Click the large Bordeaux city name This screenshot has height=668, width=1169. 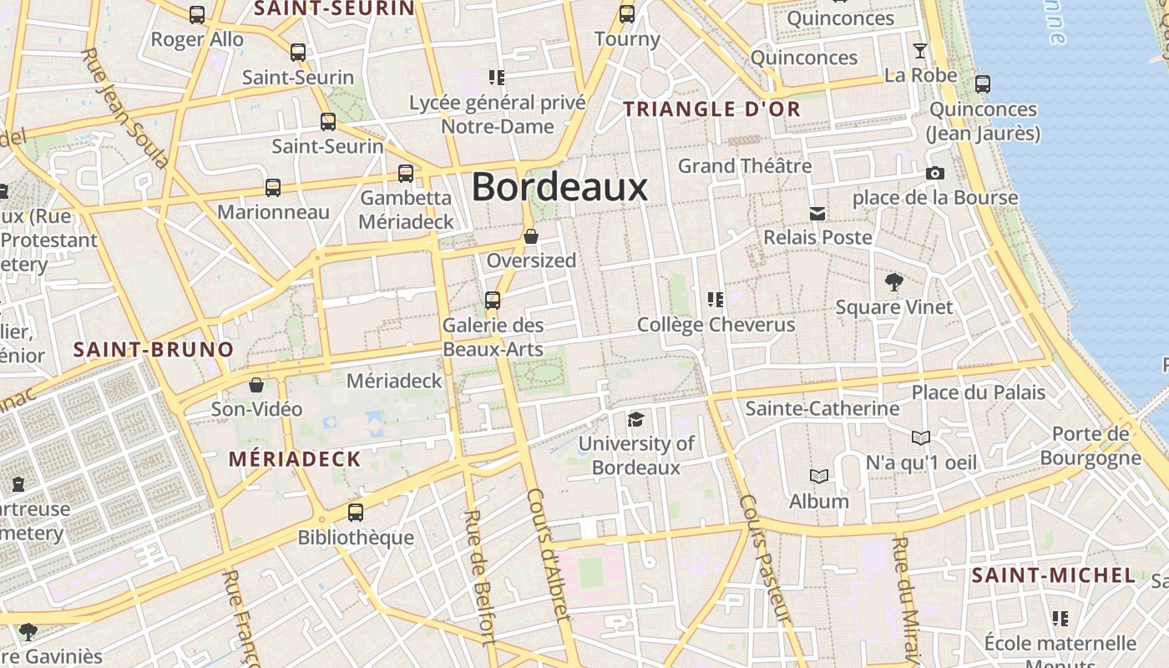coord(559,187)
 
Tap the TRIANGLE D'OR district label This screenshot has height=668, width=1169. coord(712,109)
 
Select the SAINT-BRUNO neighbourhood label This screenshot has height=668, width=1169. coord(154,349)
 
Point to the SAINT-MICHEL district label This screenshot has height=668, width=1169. coord(1054,575)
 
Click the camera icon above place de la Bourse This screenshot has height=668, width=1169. coord(935,174)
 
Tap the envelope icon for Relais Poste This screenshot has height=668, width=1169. coord(817,215)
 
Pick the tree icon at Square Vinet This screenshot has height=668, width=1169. coord(894,282)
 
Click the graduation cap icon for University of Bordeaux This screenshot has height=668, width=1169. coord(636,419)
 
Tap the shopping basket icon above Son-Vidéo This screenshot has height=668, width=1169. coord(256,385)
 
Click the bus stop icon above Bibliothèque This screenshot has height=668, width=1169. coord(356,512)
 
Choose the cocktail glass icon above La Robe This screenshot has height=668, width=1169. coord(920,51)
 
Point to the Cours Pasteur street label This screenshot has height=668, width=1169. coord(764,559)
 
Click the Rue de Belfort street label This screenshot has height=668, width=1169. coord(479,576)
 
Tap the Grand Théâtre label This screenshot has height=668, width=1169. coord(745,165)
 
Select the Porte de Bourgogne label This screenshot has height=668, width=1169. coord(1090,446)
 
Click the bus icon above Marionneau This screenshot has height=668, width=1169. coord(273,188)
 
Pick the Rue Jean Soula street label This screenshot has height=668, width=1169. coord(124,108)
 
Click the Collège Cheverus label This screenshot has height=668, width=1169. coord(716,324)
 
